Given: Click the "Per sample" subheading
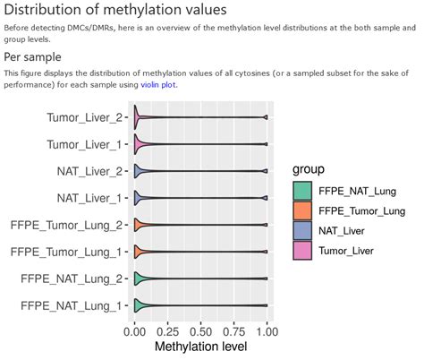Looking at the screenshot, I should (36, 56).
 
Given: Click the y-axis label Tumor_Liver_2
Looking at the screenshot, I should (84, 116).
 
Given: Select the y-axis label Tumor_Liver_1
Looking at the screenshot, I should (84, 143).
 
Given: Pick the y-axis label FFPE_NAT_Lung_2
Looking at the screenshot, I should (71, 279).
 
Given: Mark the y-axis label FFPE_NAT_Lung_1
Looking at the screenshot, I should (71, 307).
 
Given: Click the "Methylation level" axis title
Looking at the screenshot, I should (201, 346).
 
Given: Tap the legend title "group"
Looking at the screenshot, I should (313, 169).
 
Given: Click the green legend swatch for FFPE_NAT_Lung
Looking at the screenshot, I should (304, 191).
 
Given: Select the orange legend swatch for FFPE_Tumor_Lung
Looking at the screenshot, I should (304, 210).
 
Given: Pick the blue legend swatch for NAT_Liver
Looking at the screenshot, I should (304, 230).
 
